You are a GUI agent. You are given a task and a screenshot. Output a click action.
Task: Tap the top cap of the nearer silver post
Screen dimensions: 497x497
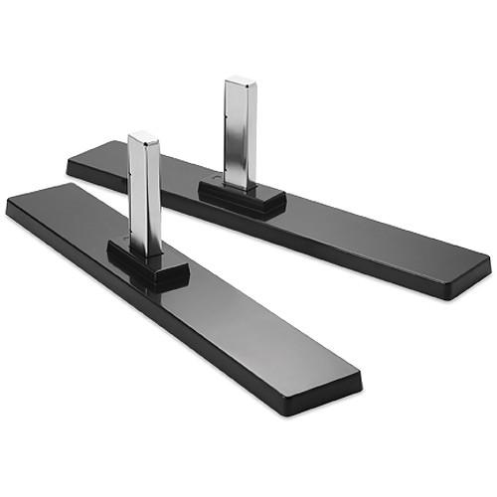click(x=144, y=136)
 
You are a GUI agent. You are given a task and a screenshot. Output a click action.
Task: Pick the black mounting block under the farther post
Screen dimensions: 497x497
click(x=243, y=198)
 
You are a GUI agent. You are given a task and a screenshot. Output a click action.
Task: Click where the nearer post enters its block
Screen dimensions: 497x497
click(x=145, y=248)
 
